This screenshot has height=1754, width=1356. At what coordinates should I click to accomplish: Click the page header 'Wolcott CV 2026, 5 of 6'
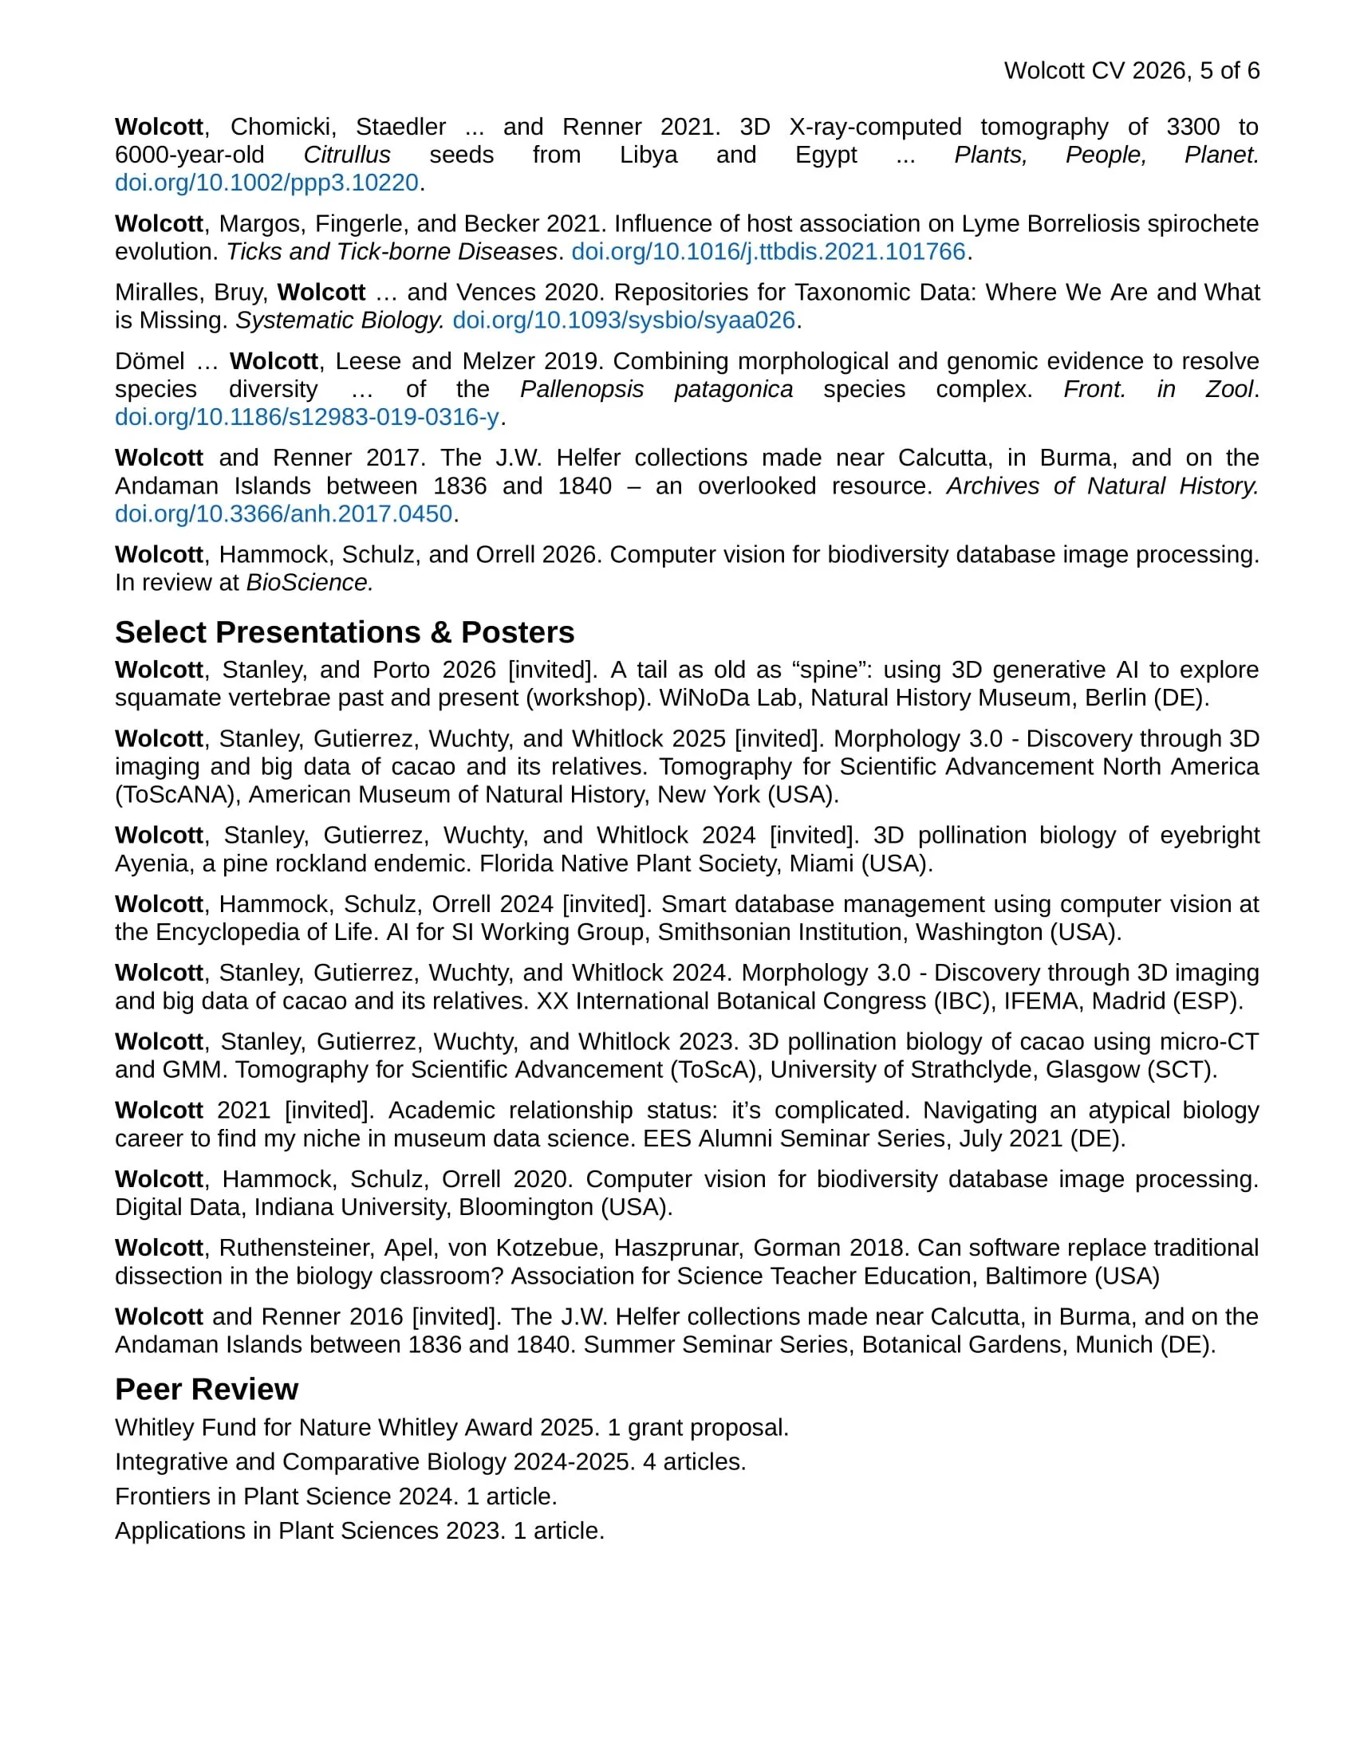[1131, 71]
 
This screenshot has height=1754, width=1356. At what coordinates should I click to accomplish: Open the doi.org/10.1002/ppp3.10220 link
[266, 183]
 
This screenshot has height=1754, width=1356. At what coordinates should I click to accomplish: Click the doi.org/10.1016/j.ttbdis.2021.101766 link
[768, 252]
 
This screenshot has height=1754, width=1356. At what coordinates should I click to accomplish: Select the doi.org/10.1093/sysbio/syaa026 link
[624, 321]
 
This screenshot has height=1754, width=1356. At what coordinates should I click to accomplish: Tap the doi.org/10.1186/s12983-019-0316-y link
[307, 417]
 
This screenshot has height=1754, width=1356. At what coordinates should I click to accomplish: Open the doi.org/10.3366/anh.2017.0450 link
[284, 514]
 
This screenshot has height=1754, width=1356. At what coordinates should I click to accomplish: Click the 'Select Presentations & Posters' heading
[345, 633]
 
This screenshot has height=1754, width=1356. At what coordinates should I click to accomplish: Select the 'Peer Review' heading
[207, 1390]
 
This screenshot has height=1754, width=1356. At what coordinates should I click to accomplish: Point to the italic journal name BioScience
[309, 583]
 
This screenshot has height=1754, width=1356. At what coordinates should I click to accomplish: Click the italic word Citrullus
[347, 155]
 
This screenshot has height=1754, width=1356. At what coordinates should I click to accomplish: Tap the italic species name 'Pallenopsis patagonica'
[656, 390]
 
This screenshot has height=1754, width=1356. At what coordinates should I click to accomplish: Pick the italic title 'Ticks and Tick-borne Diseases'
[391, 252]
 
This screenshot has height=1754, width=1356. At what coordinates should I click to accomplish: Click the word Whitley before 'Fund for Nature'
[154, 1428]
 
